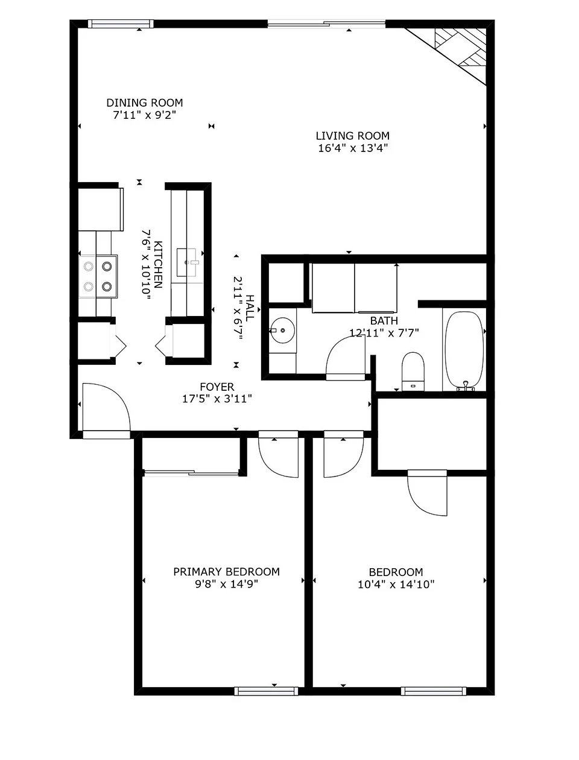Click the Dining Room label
point(145,103)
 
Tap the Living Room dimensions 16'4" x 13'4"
point(353,148)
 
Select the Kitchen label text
point(158,265)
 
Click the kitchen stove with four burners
point(98,276)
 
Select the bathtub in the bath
point(464,350)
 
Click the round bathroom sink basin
point(282,331)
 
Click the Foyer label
point(217,387)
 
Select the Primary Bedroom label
point(226,572)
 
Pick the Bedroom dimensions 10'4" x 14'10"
point(396,584)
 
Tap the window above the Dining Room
point(121,24)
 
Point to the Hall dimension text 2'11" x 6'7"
point(238,308)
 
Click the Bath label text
point(384,321)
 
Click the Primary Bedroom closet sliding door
point(191,472)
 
